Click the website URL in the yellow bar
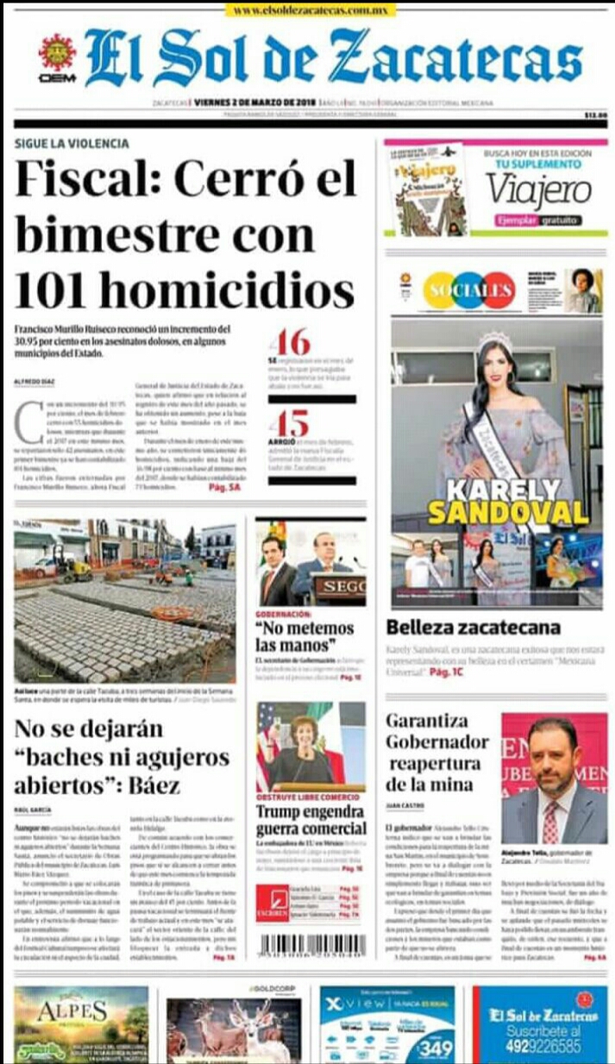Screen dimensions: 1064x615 click(x=311, y=10)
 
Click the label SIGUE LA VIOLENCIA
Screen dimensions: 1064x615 click(x=72, y=144)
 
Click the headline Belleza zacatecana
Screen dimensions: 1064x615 click(x=473, y=627)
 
